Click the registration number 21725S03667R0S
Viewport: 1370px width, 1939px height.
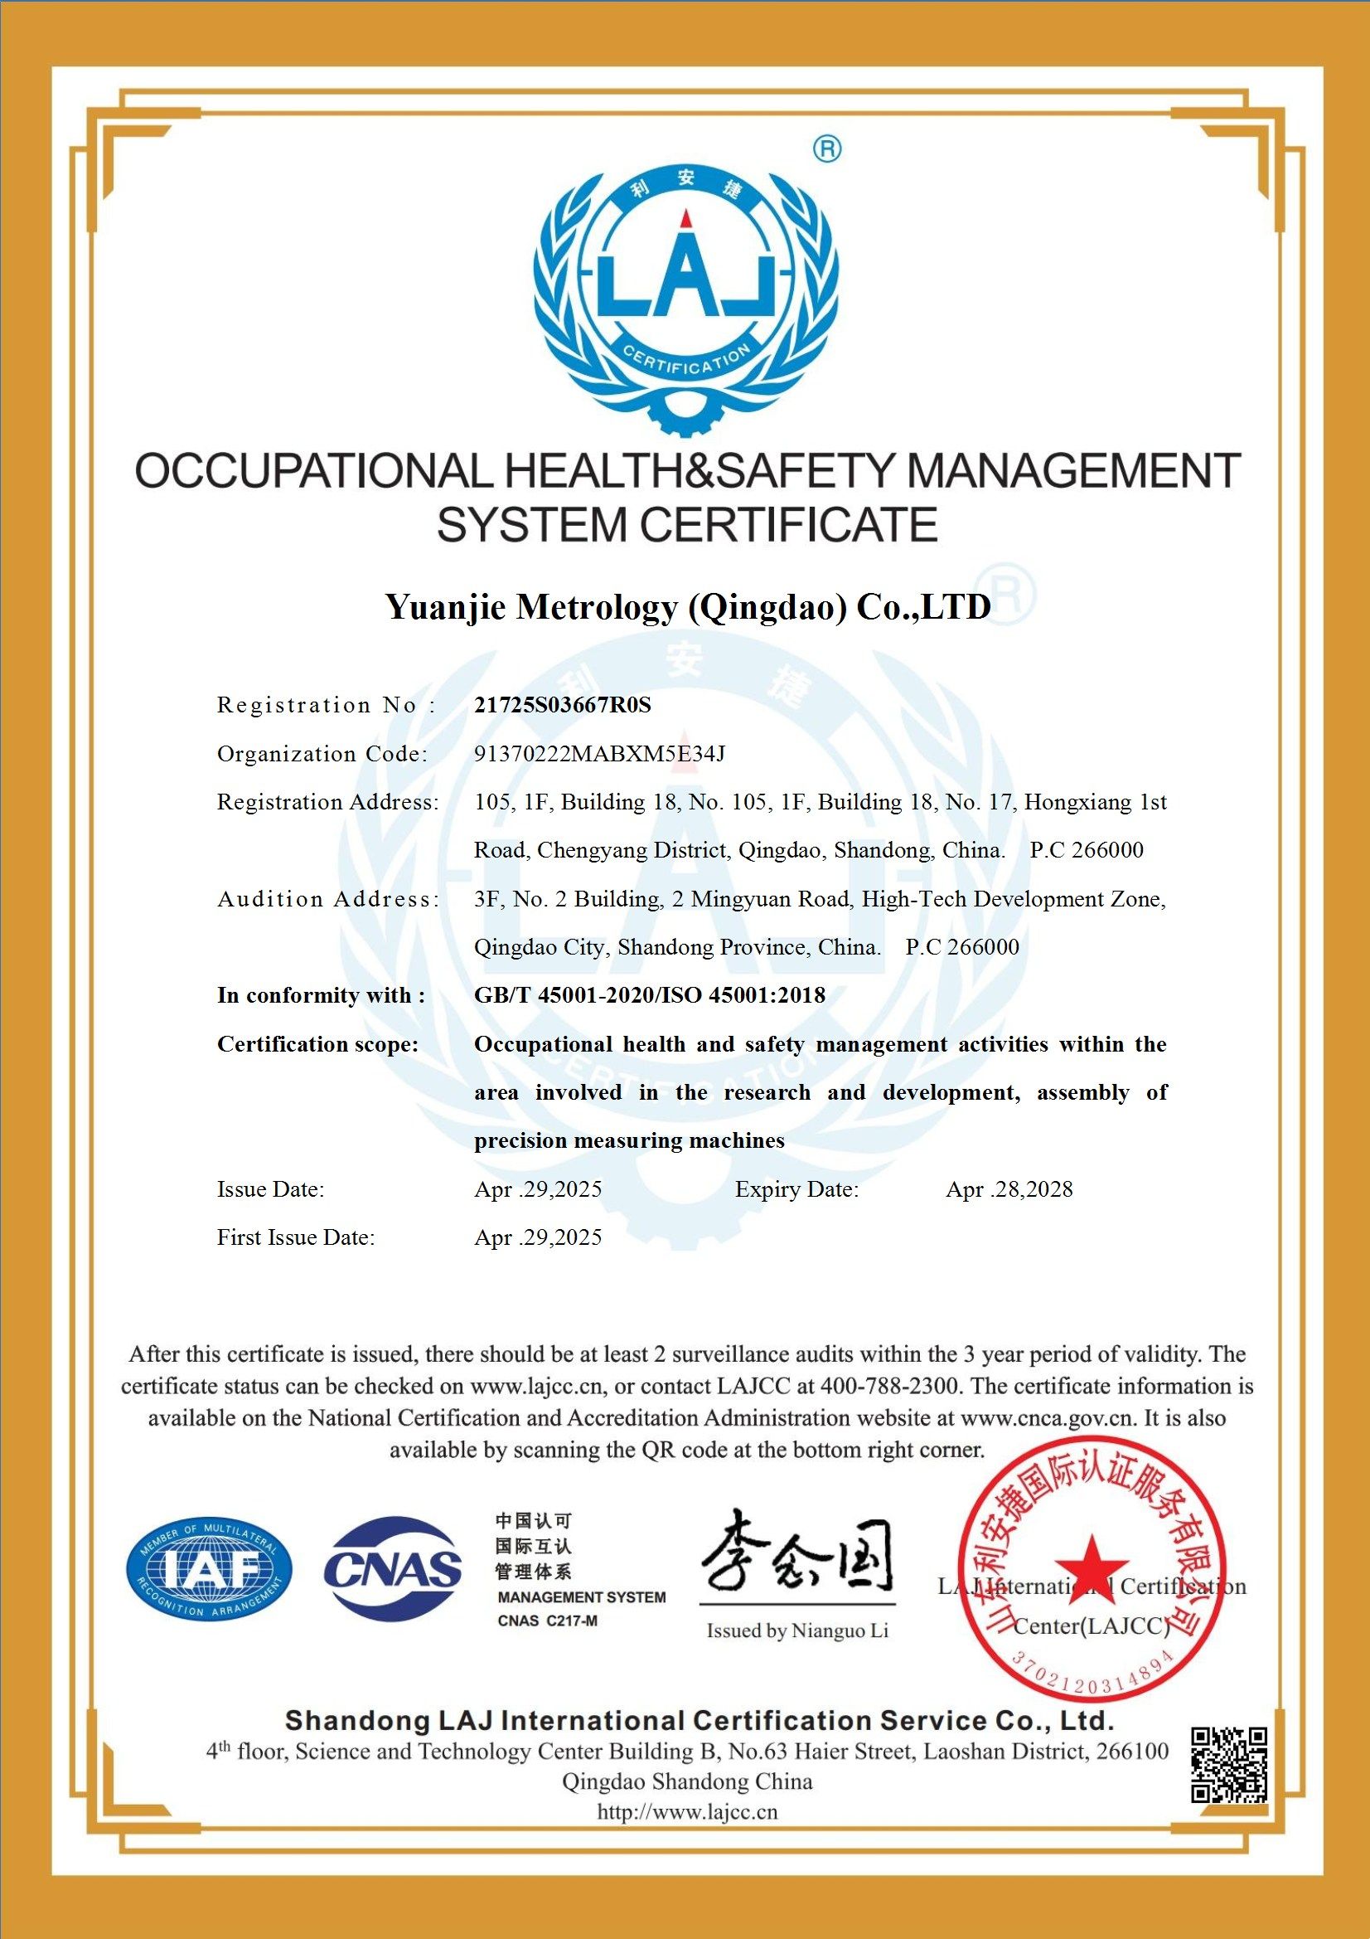(x=563, y=705)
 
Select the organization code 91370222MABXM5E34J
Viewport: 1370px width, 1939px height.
(x=599, y=753)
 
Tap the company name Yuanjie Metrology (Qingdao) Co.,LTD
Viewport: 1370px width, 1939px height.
(x=688, y=607)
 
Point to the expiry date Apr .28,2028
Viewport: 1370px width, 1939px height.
(x=1009, y=1189)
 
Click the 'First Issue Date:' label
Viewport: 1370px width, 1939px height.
(x=295, y=1237)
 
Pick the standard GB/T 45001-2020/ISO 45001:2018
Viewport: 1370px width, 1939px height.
(x=649, y=995)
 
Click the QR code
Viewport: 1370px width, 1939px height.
(x=1229, y=1765)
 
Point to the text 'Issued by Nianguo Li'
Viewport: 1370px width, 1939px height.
(x=797, y=1630)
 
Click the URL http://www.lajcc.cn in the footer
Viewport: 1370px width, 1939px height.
(x=687, y=1811)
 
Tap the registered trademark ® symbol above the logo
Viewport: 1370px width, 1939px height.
(x=826, y=149)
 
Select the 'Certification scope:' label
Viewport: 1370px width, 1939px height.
(x=317, y=1044)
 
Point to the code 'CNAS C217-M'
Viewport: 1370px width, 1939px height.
(x=547, y=1620)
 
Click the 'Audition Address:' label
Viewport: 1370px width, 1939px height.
(x=328, y=898)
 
